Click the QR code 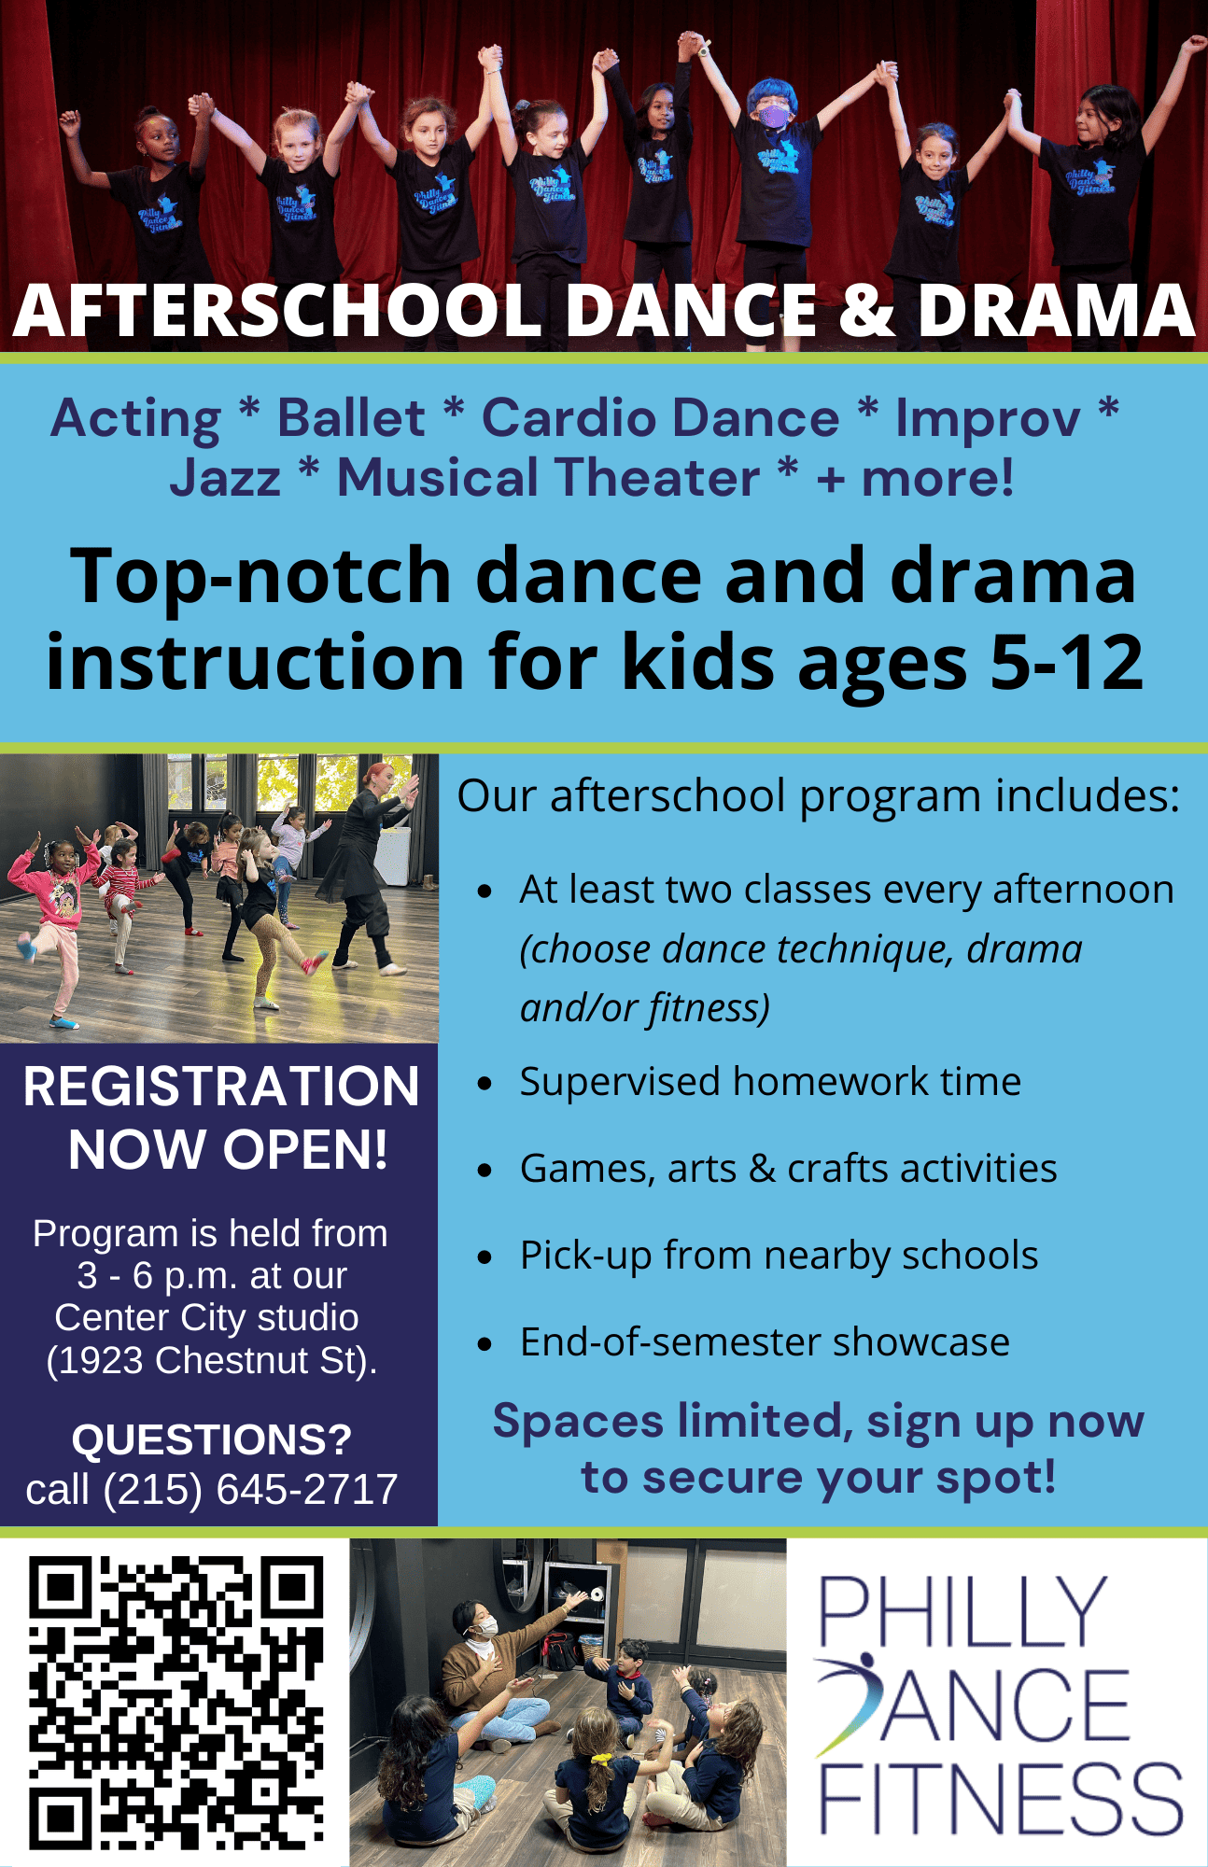point(176,1702)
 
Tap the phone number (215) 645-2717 point(251,1489)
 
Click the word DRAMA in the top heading point(1056,310)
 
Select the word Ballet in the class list point(351,417)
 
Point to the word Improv point(988,419)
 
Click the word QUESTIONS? point(212,1439)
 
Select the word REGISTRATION point(221,1087)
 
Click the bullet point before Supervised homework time point(485,1084)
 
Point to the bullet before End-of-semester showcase point(485,1344)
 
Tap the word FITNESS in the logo point(1002,1800)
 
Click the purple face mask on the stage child point(773,116)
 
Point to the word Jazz point(225,478)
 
